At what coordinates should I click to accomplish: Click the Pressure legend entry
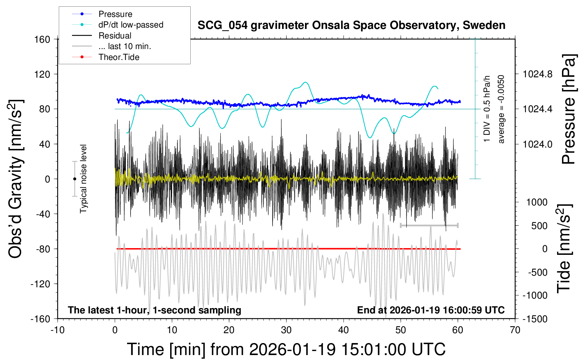coord(115,14)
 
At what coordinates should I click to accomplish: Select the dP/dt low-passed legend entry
coord(131,25)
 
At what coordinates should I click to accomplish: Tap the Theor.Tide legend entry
coord(119,57)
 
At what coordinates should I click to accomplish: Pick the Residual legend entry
coord(115,36)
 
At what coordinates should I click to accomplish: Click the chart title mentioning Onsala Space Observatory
coord(351,25)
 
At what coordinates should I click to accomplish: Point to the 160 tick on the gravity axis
coord(42,39)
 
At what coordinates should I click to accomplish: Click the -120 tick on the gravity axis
coord(40,284)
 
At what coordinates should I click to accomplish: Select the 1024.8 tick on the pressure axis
coord(538,74)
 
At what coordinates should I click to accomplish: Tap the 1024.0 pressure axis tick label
coord(538,144)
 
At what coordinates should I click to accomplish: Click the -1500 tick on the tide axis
coord(534,319)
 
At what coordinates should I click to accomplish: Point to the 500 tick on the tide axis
coord(539,226)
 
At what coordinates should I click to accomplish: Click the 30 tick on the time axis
coord(286,330)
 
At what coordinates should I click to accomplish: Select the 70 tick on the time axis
coord(515,330)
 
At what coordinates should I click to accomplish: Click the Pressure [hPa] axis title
coord(569,109)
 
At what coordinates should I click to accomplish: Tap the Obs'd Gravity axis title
coord(16,179)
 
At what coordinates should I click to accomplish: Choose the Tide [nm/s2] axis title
coord(564,248)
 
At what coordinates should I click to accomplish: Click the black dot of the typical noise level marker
coord(74,179)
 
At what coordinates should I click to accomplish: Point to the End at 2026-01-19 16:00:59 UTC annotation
coord(431,310)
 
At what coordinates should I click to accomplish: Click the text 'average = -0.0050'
coord(501,109)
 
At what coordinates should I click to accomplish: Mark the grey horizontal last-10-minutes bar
coord(429,225)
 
